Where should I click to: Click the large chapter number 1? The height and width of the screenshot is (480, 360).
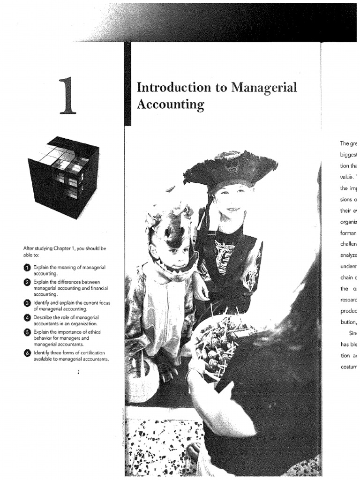click(67, 96)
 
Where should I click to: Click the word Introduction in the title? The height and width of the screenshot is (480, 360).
click(167, 88)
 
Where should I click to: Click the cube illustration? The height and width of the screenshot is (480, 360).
click(63, 176)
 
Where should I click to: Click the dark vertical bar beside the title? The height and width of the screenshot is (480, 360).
click(127, 84)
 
